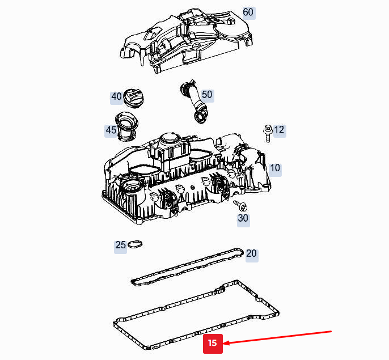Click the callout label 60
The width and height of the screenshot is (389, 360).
coord(248,12)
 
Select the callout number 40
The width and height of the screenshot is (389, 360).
coord(116,97)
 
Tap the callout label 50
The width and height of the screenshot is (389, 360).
coord(207,94)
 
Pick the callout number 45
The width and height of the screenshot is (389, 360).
coord(111,130)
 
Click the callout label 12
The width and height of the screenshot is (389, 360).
coord(279,130)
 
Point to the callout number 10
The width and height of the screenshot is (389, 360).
coord(275,168)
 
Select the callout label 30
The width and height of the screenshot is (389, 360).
coord(243,218)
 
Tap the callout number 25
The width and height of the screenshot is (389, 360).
coord(120,245)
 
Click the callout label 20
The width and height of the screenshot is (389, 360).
coord(251,253)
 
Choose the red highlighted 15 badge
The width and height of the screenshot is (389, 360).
coord(213,343)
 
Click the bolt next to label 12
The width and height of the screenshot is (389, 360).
coord(266,132)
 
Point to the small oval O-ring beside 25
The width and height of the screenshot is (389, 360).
coord(135,245)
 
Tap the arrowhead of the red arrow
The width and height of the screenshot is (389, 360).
coord(226,342)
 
